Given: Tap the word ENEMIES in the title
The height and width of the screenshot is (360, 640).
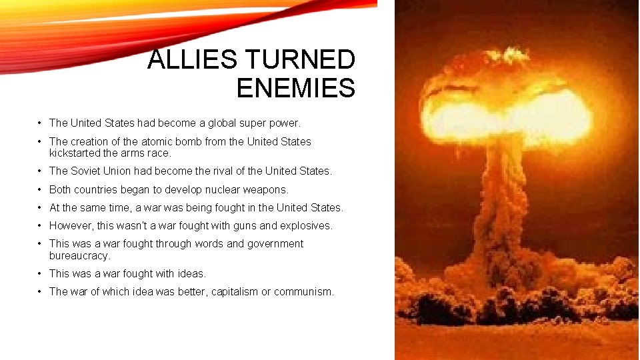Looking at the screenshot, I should (x=295, y=88).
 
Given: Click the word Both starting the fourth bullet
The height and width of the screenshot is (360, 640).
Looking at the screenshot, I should (x=61, y=189).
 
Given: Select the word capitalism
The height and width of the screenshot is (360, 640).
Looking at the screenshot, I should (x=238, y=291).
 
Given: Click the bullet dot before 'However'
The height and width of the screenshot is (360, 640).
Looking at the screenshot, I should (x=41, y=225).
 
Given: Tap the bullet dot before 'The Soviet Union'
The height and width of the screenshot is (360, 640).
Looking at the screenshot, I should (x=41, y=171).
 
